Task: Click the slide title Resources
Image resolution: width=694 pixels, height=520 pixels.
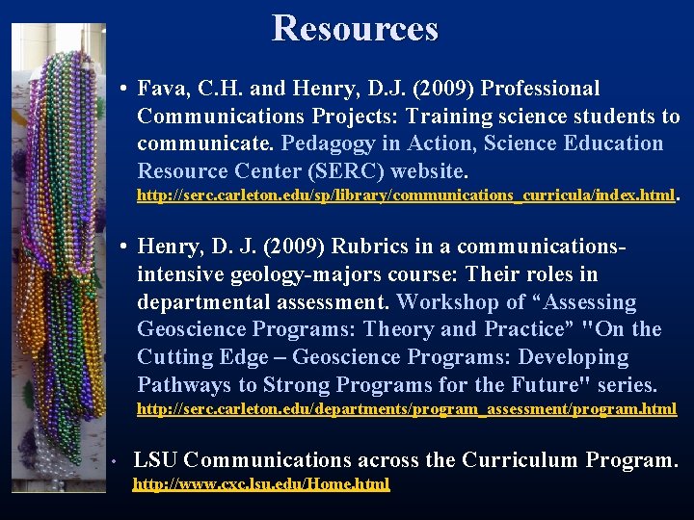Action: pos(355,28)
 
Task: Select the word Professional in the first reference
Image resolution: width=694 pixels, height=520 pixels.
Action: pos(540,90)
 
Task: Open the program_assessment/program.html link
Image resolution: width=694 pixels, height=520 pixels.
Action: pos(406,409)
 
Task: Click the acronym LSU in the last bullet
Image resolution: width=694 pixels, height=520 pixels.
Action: pos(151,460)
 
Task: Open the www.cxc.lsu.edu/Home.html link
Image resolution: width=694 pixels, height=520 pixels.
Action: pos(261,484)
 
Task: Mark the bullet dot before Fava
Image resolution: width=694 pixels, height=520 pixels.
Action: pos(126,90)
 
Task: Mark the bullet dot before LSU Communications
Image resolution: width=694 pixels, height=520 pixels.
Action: pos(114,461)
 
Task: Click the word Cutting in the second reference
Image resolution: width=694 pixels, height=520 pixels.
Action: pos(172,357)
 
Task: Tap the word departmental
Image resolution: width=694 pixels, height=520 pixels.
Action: pos(200,302)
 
